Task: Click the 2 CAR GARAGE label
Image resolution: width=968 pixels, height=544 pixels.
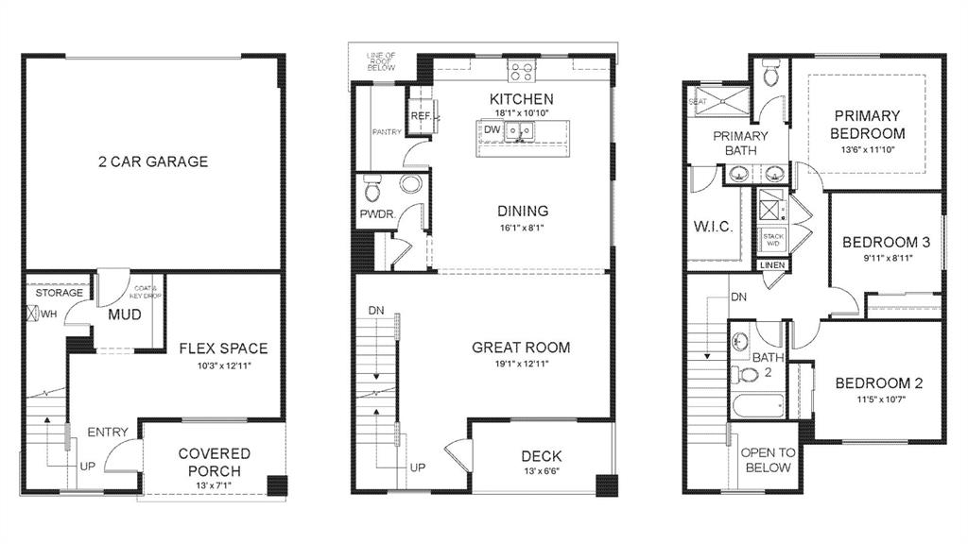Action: [152, 161]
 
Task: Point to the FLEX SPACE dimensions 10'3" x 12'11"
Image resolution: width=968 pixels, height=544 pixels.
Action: [223, 365]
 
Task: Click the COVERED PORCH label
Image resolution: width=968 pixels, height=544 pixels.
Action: [214, 463]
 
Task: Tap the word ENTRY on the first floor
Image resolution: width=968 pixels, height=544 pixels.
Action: [108, 432]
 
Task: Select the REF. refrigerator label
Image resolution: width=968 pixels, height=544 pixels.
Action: [421, 116]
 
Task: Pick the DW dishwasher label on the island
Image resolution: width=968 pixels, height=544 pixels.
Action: [492, 130]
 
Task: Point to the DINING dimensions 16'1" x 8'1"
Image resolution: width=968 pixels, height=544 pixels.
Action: [522, 228]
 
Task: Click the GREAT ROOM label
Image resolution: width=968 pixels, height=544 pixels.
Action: [521, 348]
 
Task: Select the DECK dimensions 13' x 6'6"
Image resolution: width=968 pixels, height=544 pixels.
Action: [541, 471]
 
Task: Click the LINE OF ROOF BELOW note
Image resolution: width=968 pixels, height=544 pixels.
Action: [380, 62]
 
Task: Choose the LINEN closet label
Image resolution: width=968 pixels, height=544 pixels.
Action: [771, 266]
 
